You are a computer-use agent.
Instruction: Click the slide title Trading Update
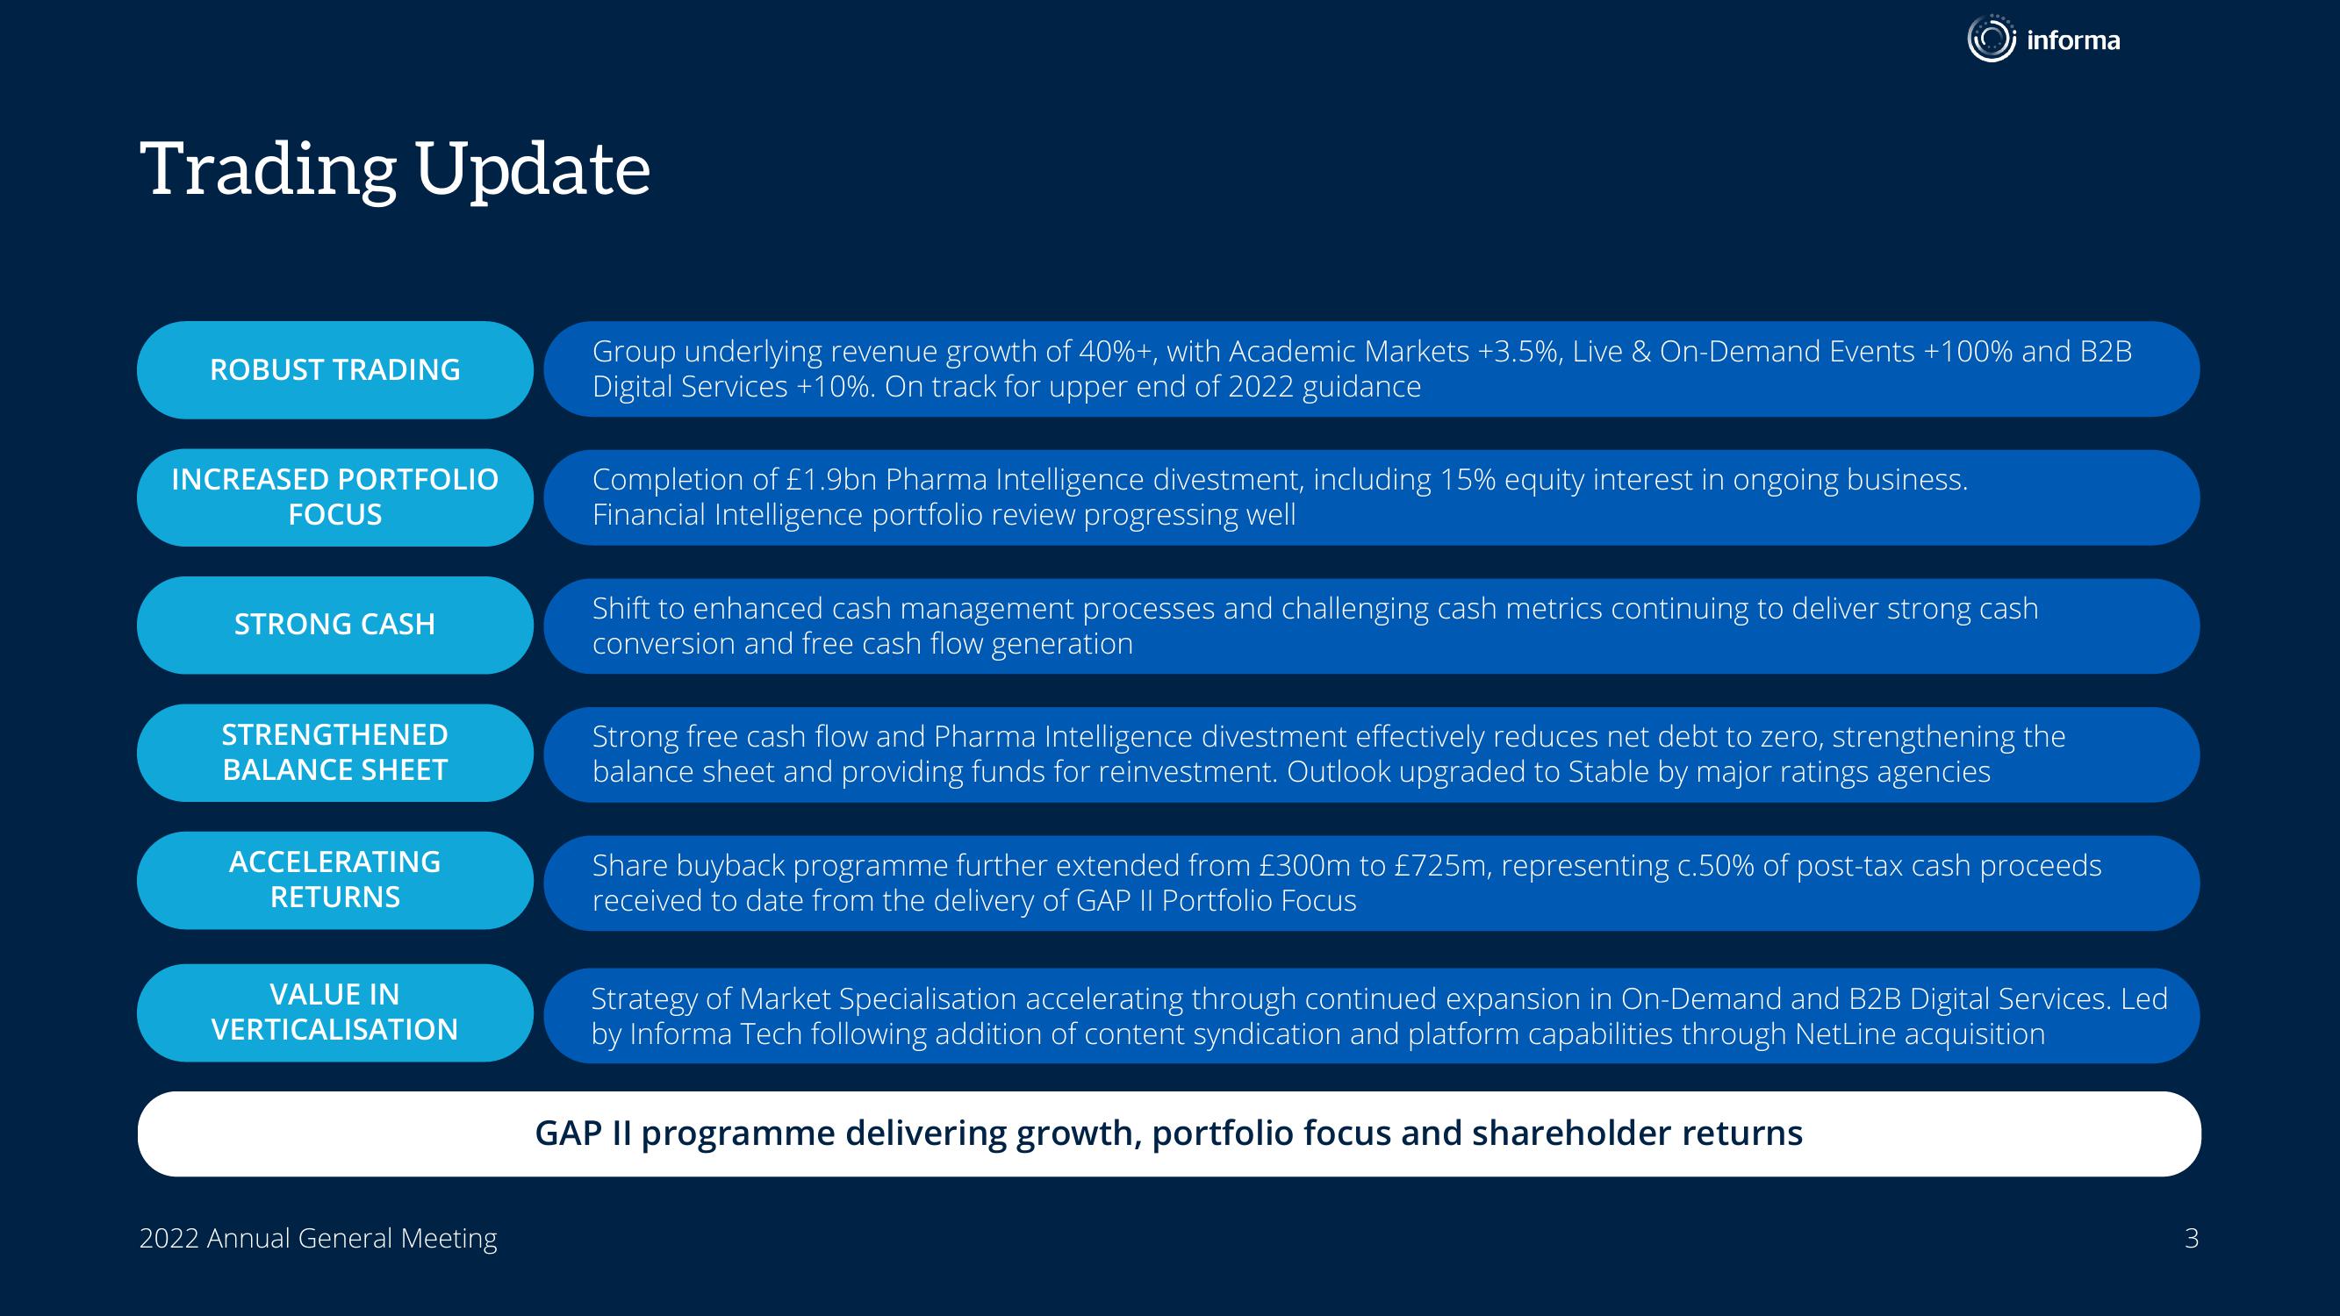click(x=395, y=169)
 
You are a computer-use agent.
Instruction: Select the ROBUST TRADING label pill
click(x=334, y=369)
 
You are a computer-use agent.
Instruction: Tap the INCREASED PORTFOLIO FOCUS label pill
click(x=334, y=497)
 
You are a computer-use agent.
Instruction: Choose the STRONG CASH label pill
click(x=334, y=625)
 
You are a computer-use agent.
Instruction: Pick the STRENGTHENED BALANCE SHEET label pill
click(x=334, y=753)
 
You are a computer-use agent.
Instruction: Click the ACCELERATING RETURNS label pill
click(x=334, y=880)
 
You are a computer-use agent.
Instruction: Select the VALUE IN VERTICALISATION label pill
click(x=334, y=1012)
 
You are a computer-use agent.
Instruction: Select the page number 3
click(x=2191, y=1239)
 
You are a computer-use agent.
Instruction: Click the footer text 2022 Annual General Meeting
click(x=318, y=1239)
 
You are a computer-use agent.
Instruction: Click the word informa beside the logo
click(x=2073, y=40)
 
